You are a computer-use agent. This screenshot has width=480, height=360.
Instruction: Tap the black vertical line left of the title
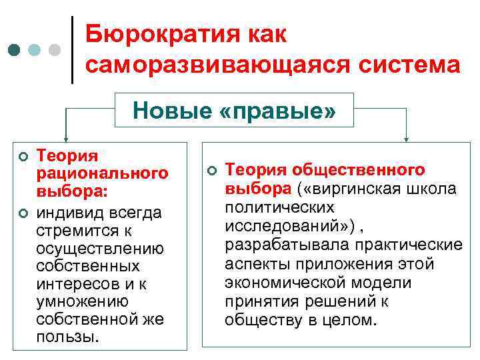72,50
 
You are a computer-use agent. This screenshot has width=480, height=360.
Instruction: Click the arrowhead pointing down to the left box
65,137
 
